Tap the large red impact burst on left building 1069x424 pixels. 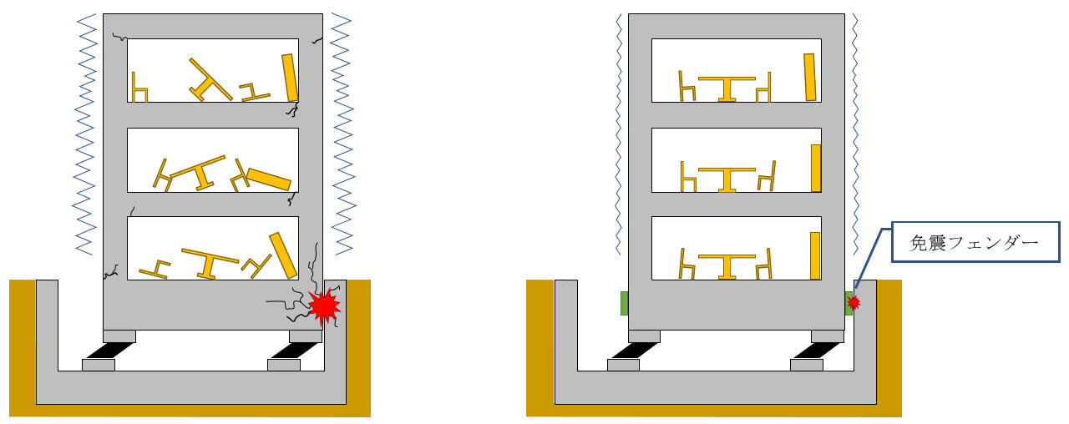(x=323, y=305)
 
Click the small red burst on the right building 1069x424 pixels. (x=854, y=301)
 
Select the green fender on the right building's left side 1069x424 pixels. (x=623, y=303)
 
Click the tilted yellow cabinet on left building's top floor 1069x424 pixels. (x=290, y=78)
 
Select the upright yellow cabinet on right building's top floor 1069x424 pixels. (x=809, y=77)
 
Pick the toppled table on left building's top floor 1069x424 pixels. (x=210, y=80)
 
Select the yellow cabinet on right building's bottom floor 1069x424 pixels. (x=815, y=255)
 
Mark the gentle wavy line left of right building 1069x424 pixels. (x=617, y=134)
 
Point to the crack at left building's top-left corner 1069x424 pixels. (x=119, y=38)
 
